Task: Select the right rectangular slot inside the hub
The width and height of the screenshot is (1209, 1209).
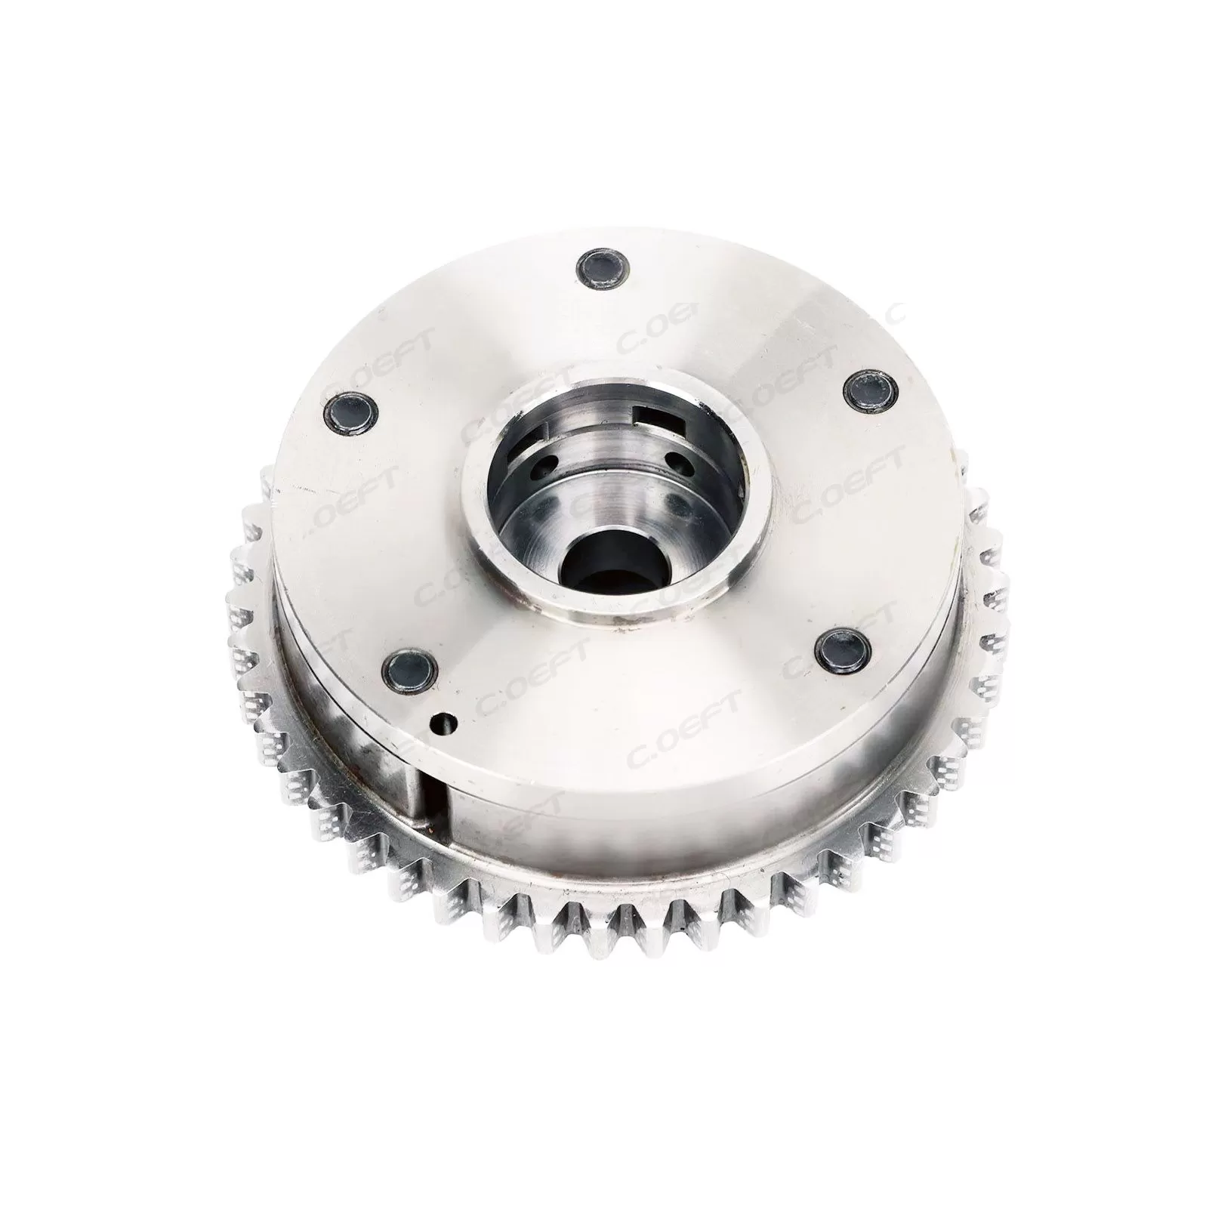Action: click(654, 416)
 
